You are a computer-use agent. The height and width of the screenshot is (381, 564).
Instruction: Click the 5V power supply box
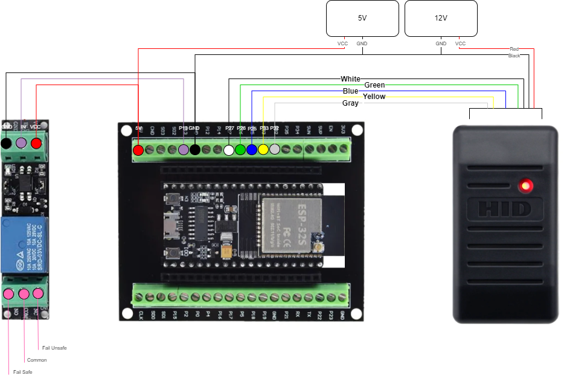(362, 18)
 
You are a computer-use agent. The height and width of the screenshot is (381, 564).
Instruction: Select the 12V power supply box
(441, 18)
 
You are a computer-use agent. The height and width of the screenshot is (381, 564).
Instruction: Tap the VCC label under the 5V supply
(342, 43)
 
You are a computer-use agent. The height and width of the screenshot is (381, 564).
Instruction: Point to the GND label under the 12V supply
(441, 43)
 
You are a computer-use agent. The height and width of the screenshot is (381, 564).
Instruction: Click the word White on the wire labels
(350, 79)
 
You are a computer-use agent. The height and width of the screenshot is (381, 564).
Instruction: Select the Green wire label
(374, 85)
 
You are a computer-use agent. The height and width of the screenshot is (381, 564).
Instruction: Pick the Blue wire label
(350, 91)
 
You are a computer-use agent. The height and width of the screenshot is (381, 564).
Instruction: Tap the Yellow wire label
(374, 97)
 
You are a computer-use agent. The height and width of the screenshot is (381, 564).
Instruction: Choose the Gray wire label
(350, 103)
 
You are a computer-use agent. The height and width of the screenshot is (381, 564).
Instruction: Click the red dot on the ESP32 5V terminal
(138, 150)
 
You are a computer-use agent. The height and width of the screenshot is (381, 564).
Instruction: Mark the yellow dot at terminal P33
(263, 149)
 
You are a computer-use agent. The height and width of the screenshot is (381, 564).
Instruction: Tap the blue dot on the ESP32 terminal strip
(252, 149)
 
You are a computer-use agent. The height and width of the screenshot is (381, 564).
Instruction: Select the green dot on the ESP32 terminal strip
(240, 149)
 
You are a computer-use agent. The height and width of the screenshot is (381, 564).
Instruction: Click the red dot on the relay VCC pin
(36, 143)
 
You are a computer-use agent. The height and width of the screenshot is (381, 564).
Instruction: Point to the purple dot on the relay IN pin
(21, 143)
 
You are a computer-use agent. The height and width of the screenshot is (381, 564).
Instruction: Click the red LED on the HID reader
(527, 185)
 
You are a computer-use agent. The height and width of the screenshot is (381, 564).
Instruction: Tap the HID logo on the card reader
(504, 209)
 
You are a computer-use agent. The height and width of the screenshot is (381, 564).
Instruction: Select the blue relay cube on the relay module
(24, 245)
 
